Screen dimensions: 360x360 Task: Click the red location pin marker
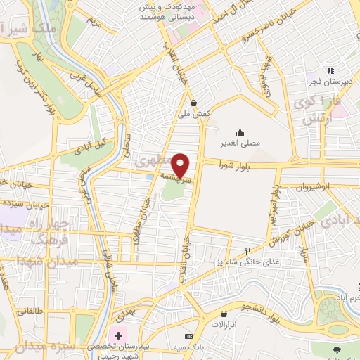(x=181, y=165)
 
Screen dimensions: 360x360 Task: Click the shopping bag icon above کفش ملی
(x=193, y=102)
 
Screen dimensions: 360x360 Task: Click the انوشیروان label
(x=302, y=188)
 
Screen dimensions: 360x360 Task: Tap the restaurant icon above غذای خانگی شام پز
(x=247, y=251)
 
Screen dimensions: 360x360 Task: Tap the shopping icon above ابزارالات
(x=224, y=314)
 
